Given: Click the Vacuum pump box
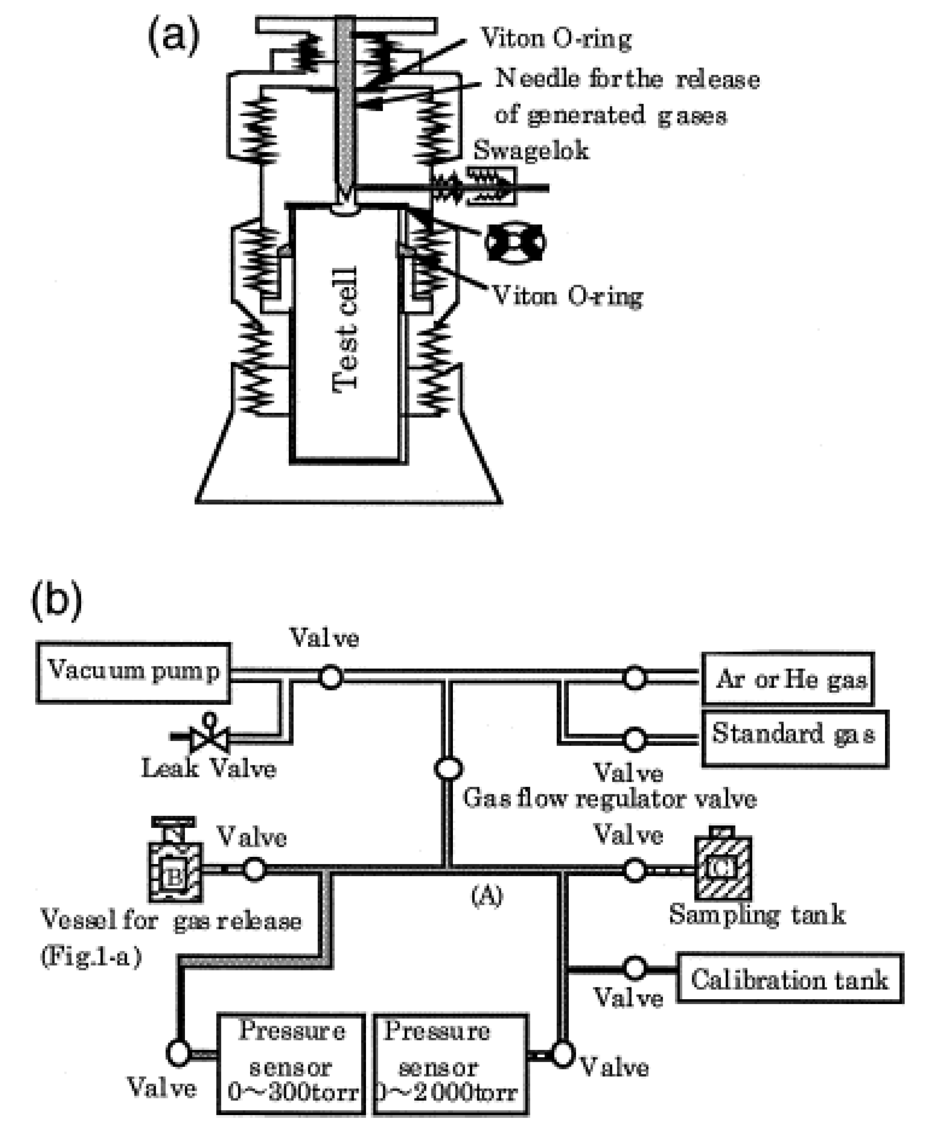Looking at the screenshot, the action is tap(133, 673).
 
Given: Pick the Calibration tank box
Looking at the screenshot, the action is tap(790, 979).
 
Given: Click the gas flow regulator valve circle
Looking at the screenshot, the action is tap(448, 769).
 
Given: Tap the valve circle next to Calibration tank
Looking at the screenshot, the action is tap(635, 968).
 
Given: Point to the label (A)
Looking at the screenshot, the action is tap(487, 896).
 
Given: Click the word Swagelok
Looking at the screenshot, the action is tap(531, 150).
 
